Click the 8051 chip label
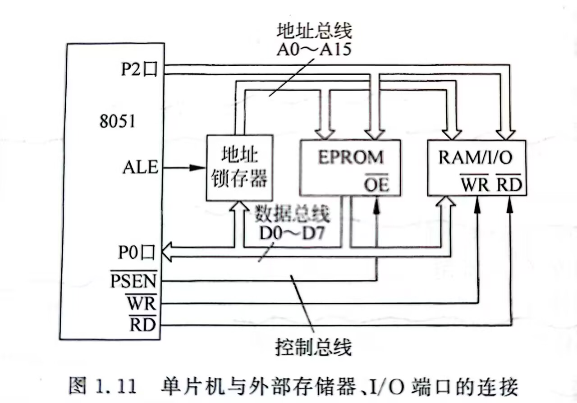117,121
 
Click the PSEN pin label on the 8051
134,282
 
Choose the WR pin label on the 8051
141,303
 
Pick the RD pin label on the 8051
142,325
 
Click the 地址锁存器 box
239,167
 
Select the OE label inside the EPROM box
376,184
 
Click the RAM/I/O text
476,157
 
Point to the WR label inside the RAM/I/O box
474,184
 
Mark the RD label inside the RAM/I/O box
509,184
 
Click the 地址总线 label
314,31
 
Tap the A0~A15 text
314,49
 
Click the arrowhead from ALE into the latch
197,168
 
